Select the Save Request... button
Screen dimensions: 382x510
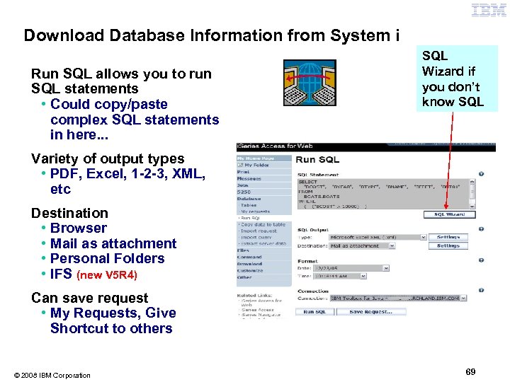[x=370, y=312]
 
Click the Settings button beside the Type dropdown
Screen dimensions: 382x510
[x=448, y=237]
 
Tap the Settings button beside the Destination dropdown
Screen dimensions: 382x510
[x=448, y=246]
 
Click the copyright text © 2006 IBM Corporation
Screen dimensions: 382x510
[x=51, y=375]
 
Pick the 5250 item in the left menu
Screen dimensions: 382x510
[x=244, y=192]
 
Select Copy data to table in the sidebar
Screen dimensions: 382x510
[x=263, y=224]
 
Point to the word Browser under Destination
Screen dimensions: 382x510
[x=78, y=228]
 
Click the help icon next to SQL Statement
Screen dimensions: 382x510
[x=481, y=174]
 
